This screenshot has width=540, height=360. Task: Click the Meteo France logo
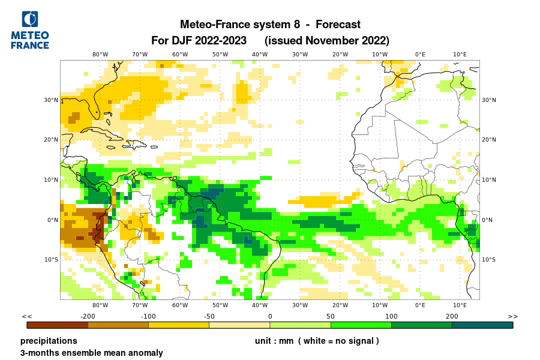[30, 30]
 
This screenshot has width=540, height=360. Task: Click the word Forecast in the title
[338, 25]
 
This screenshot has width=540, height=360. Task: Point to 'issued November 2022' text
[326, 41]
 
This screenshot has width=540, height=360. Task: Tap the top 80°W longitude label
[100, 54]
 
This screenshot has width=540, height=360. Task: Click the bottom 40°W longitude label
[260, 305]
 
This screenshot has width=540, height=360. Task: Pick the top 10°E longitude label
[460, 54]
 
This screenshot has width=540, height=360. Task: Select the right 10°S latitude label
[490, 260]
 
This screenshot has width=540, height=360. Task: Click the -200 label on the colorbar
[88, 316]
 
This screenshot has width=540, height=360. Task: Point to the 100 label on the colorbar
[391, 316]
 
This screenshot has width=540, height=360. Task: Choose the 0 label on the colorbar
[270, 316]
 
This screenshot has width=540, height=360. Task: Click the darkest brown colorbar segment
[58, 325]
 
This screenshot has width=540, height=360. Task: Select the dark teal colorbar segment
[482, 325]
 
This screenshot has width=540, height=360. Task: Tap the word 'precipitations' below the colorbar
[49, 341]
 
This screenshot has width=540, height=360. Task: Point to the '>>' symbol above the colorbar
[512, 316]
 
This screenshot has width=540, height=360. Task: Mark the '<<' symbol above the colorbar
[27, 316]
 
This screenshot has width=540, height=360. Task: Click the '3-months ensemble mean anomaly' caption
[91, 353]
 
